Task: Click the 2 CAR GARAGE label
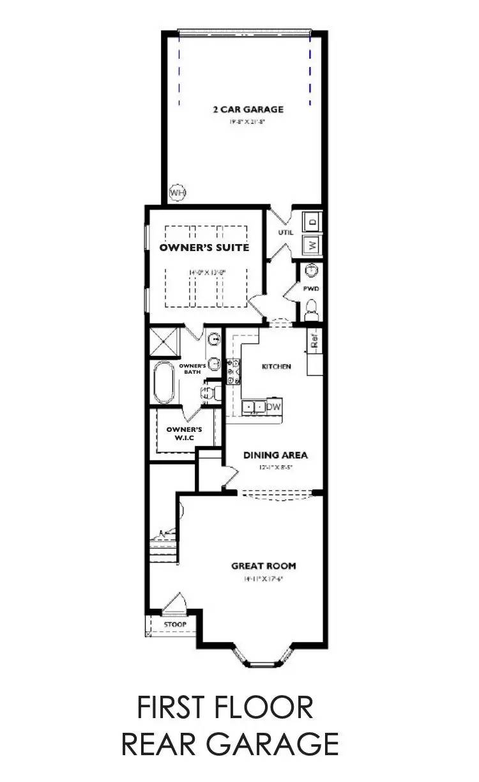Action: (x=248, y=109)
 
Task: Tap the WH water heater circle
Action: (x=177, y=191)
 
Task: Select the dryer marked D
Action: (x=312, y=221)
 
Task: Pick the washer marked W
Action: (x=312, y=245)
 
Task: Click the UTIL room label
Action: (x=285, y=233)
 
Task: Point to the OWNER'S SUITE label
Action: (x=204, y=247)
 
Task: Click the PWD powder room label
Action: (x=310, y=289)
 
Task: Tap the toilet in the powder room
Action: (x=310, y=311)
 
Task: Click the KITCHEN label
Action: (x=277, y=367)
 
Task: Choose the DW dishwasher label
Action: (x=273, y=407)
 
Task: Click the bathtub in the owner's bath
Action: (x=163, y=383)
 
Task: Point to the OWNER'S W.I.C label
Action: (x=184, y=434)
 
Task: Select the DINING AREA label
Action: (x=275, y=456)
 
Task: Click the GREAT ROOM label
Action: (x=263, y=566)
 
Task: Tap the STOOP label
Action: (x=174, y=624)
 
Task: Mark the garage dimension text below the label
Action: (x=248, y=121)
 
